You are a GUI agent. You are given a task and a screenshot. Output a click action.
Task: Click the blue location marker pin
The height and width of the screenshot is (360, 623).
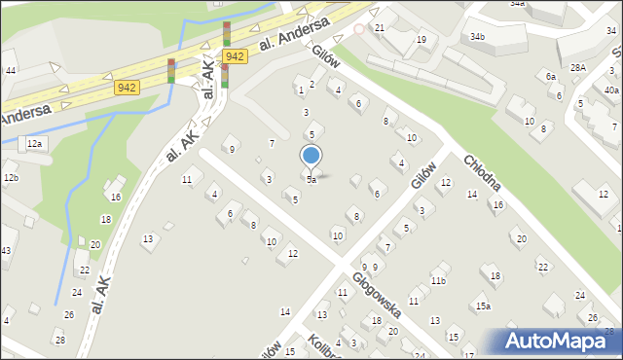pyautogui.click(x=311, y=156)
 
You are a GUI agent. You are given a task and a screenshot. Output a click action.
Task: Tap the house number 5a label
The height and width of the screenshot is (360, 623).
pyautogui.click(x=311, y=180)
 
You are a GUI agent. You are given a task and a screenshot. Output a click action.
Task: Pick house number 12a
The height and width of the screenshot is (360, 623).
pyautogui.click(x=36, y=143)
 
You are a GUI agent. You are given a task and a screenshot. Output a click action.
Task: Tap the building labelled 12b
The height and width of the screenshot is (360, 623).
pyautogui.click(x=11, y=177)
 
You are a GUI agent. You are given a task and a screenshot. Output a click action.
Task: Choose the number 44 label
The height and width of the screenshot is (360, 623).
pyautogui.click(x=10, y=71)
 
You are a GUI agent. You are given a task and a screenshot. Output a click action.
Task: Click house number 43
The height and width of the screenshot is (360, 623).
pyautogui.click(x=5, y=251)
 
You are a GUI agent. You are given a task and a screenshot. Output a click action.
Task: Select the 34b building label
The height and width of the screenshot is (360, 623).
pyautogui.click(x=477, y=37)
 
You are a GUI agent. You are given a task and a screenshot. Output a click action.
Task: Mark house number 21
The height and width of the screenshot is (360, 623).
pyautogui.click(x=380, y=27)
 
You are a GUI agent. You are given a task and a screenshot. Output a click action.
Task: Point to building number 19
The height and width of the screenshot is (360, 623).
pyautogui.click(x=421, y=39)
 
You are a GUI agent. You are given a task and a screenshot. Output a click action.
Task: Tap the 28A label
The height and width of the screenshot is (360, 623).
pyautogui.click(x=578, y=67)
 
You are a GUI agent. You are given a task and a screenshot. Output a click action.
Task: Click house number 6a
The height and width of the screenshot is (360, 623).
pyautogui.click(x=551, y=76)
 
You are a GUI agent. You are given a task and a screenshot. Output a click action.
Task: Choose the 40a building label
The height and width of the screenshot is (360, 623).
pyautogui.click(x=610, y=90)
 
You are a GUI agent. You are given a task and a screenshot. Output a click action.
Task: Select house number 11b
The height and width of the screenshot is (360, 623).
pyautogui.click(x=438, y=281)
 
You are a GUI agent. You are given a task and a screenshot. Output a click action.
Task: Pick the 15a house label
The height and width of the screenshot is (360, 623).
pyautogui.click(x=482, y=306)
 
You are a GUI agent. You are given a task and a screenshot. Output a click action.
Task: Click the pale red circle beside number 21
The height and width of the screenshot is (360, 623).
pyautogui.click(x=359, y=28)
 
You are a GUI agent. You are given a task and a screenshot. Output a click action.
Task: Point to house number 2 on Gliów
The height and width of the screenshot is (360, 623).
pyautogui.click(x=311, y=85)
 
